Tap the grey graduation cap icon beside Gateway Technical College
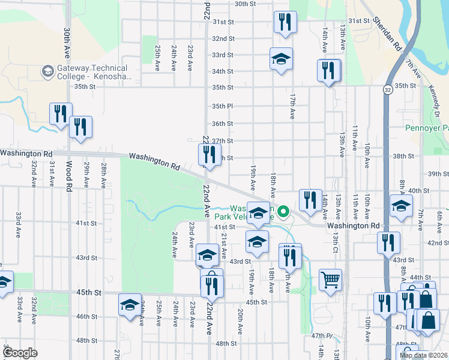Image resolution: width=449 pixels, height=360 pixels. tap(47, 73)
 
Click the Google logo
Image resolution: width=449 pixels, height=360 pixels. tap(19, 353)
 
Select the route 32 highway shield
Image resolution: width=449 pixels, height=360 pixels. tap(388, 89)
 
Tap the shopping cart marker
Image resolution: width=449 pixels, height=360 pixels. tap(330, 280)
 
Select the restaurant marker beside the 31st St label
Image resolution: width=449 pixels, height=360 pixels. tap(284, 22)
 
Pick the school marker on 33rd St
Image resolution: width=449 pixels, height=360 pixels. tap(281, 59)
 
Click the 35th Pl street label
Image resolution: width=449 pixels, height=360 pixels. tap(222, 106)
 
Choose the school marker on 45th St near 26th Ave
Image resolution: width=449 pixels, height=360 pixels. tap(130, 304)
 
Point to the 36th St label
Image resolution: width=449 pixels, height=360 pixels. tap(222, 124)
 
